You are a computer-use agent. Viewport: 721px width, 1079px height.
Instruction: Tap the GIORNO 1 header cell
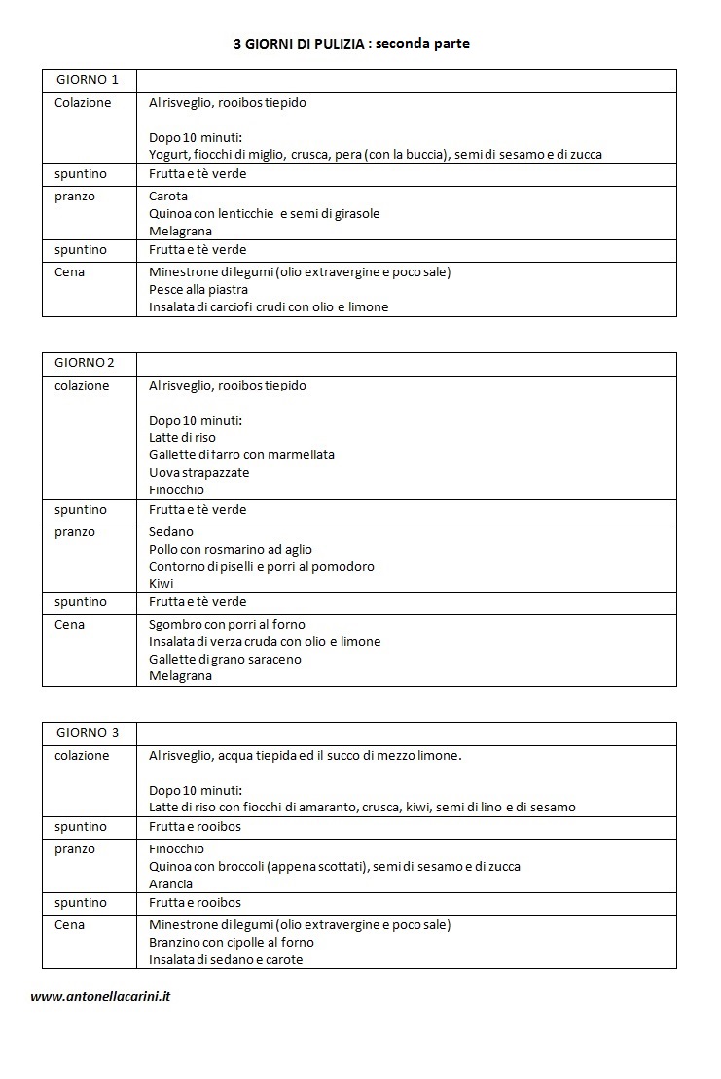click(88, 79)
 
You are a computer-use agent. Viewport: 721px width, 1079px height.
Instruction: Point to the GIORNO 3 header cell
click(88, 733)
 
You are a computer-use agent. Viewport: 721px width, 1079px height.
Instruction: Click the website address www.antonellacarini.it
click(93, 996)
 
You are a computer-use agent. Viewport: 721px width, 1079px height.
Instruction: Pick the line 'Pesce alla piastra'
click(198, 290)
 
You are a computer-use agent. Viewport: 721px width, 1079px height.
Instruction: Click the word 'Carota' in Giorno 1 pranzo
click(168, 197)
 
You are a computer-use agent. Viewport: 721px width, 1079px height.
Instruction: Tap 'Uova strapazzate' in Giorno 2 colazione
click(198, 473)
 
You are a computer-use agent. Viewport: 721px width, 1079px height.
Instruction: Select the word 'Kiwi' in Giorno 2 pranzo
click(162, 584)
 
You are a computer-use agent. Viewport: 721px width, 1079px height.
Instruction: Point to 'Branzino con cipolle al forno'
click(232, 943)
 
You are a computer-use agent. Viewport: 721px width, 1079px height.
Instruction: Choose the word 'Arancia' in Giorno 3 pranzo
click(171, 884)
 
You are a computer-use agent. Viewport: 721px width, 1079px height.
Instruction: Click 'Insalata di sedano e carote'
click(226, 960)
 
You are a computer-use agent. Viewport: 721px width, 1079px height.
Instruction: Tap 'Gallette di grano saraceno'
click(225, 660)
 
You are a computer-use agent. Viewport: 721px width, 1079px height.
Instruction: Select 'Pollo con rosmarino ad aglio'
click(231, 550)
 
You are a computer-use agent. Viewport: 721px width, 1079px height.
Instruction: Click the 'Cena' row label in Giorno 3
click(70, 925)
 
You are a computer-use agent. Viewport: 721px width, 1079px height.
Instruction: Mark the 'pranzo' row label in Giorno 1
click(75, 197)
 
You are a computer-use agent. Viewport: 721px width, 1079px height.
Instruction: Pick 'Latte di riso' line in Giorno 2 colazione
click(182, 438)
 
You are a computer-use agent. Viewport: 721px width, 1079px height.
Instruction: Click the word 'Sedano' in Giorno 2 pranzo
click(171, 532)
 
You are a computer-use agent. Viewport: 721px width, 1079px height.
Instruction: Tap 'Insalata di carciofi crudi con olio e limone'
click(269, 307)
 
